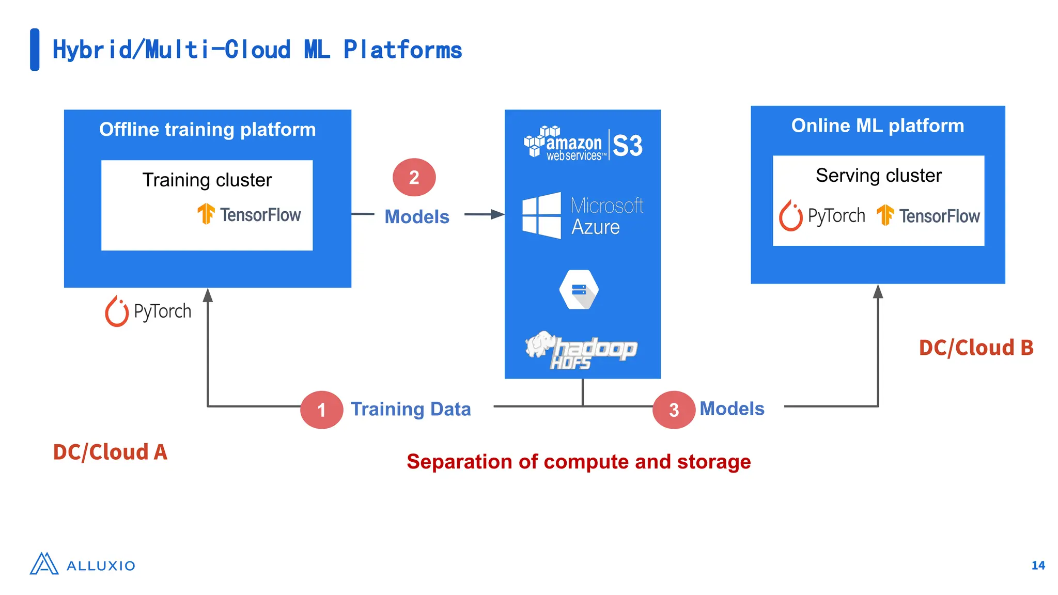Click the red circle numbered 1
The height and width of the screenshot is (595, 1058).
coord(321,410)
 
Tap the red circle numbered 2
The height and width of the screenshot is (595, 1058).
coord(414,177)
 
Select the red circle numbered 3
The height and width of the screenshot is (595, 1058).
coord(674,410)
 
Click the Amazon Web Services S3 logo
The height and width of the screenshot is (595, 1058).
coord(583,144)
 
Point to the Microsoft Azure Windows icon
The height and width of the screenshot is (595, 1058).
coord(541,215)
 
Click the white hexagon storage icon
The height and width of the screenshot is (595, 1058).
coord(579,290)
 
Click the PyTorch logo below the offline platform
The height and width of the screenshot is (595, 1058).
coord(148,311)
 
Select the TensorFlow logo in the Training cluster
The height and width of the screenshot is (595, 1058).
coord(249,214)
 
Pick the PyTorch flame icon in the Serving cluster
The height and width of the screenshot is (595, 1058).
coord(790,215)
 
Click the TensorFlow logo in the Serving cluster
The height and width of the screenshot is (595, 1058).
coord(928,215)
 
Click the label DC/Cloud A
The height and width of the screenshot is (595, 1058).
coord(110,452)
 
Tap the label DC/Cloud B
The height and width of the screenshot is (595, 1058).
coord(976,348)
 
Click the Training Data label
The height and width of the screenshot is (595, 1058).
coord(411,409)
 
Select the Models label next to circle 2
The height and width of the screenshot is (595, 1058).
coord(417,216)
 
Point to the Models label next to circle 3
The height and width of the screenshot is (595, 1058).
coord(732,409)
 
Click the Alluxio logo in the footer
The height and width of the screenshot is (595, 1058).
coord(83,565)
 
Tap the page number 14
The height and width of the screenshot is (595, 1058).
coord(1038,566)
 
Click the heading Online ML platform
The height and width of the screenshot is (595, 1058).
coord(877,126)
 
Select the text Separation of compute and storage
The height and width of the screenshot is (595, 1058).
coord(579,461)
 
